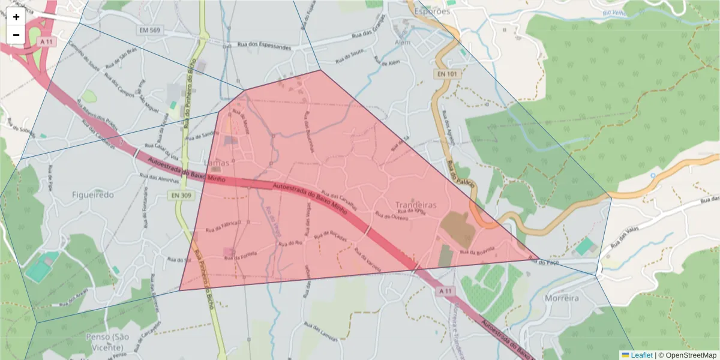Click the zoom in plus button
click(16, 17)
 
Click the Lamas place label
click(217, 163)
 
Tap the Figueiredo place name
click(92, 195)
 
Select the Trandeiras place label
click(416, 205)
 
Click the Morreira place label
click(562, 298)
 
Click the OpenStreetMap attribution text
click(687, 355)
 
